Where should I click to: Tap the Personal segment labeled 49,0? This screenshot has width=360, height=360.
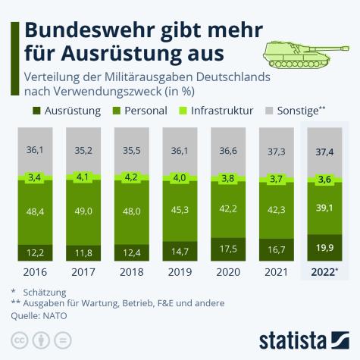click(x=83, y=213)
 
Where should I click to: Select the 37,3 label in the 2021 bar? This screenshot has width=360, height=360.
click(x=276, y=152)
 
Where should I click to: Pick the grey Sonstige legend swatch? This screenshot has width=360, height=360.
click(x=261, y=110)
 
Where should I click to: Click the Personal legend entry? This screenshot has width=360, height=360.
click(x=141, y=110)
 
